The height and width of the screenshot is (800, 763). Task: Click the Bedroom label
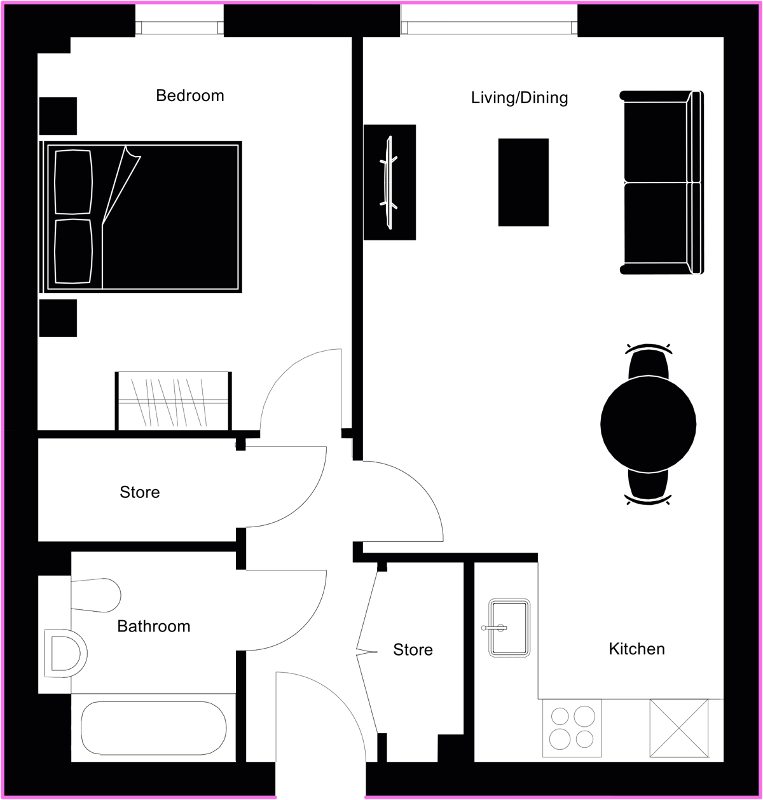tap(190, 95)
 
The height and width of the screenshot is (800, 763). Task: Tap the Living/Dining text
tap(519, 98)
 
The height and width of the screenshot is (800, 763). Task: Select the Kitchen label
tap(637, 649)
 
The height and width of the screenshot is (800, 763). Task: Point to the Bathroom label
tap(154, 626)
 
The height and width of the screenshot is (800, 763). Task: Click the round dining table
tap(648, 424)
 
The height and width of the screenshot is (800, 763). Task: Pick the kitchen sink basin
tap(509, 628)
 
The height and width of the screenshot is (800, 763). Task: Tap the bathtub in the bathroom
tap(153, 728)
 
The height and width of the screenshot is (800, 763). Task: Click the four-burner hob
tap(572, 728)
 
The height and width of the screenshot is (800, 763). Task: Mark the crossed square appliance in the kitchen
tap(679, 728)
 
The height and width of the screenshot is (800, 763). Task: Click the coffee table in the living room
tap(523, 183)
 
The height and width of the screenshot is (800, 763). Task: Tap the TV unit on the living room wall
tap(389, 183)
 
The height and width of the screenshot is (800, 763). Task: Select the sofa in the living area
tap(662, 183)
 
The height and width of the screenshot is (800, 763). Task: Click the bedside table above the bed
tap(58, 116)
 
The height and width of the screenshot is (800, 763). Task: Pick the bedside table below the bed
tap(58, 318)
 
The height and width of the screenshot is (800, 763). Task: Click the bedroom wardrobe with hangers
tap(174, 401)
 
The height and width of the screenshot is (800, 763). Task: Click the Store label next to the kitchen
tap(413, 649)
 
